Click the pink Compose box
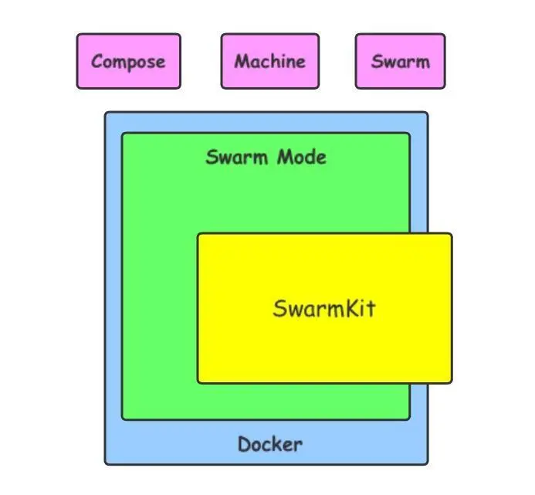128,61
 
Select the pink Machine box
269,61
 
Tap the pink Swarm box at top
400,61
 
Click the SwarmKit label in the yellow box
324,309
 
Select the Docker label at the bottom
269,445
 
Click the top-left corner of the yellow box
198,234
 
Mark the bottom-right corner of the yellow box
451,381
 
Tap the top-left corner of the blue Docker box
107,114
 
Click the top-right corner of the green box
408,134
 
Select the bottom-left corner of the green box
123,419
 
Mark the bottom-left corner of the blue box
107,463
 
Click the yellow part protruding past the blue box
440,309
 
